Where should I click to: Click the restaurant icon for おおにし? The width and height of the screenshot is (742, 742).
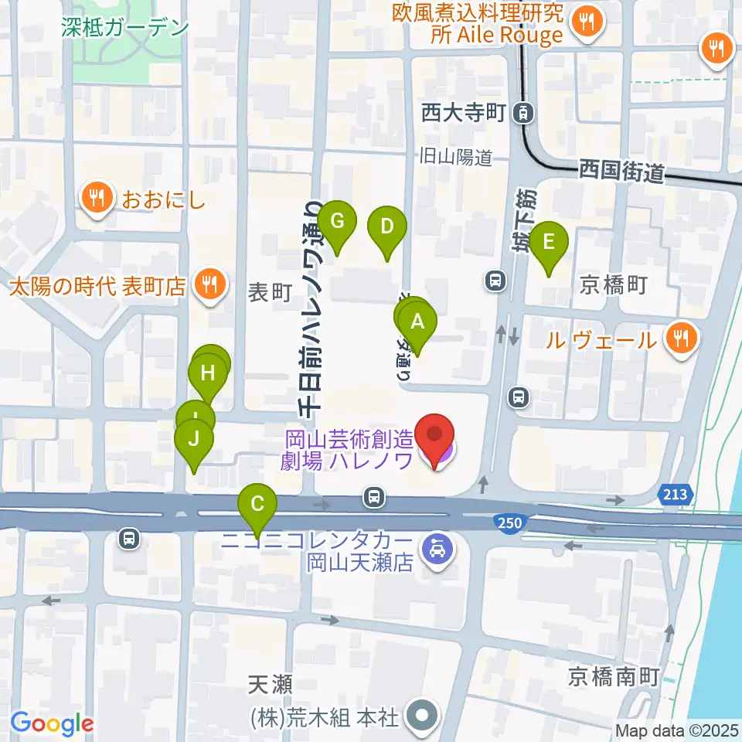[x=97, y=199]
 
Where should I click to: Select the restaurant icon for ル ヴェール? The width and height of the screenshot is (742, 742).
[x=681, y=337]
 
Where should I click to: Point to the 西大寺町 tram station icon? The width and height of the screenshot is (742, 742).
[x=525, y=114]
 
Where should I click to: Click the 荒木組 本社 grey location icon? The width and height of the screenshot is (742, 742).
[x=423, y=716]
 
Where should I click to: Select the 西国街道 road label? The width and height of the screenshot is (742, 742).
[x=621, y=171]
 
